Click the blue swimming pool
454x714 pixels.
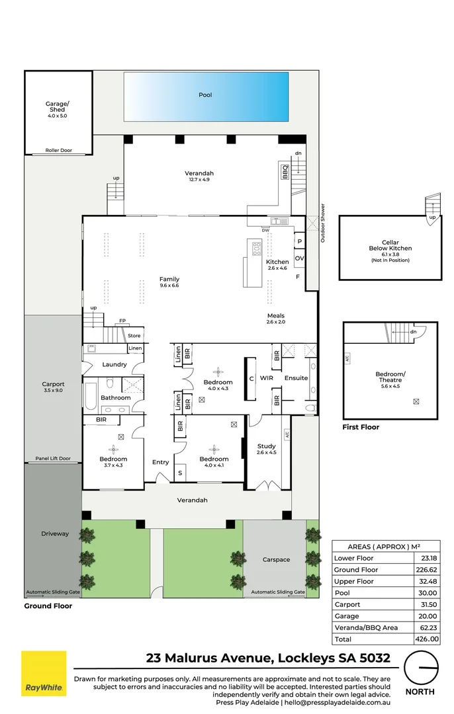pyautogui.click(x=206, y=97)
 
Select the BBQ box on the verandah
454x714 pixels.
pyautogui.click(x=286, y=172)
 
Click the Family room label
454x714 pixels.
pyautogui.click(x=169, y=280)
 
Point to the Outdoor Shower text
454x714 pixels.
pyautogui.click(x=323, y=222)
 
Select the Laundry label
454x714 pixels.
pyautogui.click(x=114, y=364)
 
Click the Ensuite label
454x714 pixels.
pyautogui.click(x=296, y=378)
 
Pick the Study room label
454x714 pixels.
pyautogui.click(x=266, y=447)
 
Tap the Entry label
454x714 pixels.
pyautogui.click(x=161, y=462)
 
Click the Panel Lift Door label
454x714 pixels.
pyautogui.click(x=53, y=458)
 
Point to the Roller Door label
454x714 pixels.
pyautogui.click(x=58, y=150)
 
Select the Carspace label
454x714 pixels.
pyautogui.click(x=276, y=559)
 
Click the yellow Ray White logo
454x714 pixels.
pyautogui.click(x=44, y=674)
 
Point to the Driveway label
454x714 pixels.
pyautogui.click(x=55, y=534)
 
